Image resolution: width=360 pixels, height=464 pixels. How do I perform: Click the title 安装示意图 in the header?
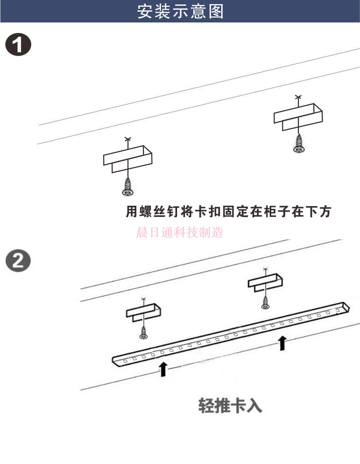[x=180, y=12]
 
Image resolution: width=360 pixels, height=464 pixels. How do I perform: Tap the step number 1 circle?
[x=18, y=46]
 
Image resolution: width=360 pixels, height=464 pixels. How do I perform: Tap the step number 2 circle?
[x=18, y=261]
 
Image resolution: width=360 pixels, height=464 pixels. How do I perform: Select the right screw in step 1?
[x=298, y=145]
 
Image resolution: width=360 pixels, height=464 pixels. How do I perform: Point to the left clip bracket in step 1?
[x=128, y=159]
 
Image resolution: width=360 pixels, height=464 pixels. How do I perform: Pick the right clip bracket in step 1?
[x=298, y=117]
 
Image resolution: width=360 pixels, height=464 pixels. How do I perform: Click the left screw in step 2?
[x=144, y=333]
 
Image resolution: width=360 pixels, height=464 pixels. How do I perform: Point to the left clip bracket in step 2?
[x=143, y=312]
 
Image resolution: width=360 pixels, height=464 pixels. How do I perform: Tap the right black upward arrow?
[x=282, y=343]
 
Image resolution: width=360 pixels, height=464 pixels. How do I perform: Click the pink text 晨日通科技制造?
[x=179, y=233]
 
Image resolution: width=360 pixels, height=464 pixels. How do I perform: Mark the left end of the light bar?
[x=116, y=360]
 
